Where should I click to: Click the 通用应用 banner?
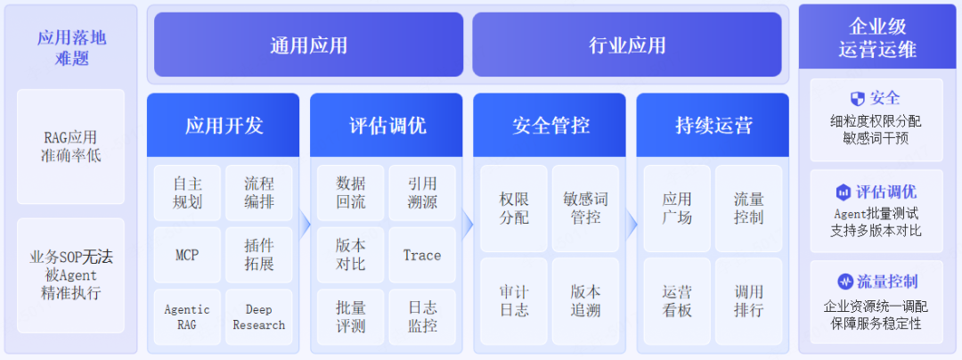[x=308, y=45]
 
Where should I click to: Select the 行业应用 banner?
[x=627, y=45]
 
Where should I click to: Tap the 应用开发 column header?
[x=224, y=125]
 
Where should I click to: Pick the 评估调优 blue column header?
[x=387, y=125]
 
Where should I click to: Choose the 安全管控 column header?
[x=550, y=125]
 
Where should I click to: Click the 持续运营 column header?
[x=713, y=125]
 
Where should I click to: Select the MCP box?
[x=187, y=255]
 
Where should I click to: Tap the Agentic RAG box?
[x=187, y=317]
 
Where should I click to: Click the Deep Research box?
[x=259, y=317]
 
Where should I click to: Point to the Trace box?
[x=422, y=255]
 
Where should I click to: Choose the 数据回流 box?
[x=350, y=192]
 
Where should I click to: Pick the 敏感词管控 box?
[x=585, y=209]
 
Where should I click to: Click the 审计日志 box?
[x=514, y=301]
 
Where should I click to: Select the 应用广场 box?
[x=677, y=209]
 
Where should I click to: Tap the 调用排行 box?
[x=748, y=301]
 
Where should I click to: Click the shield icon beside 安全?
[x=857, y=99]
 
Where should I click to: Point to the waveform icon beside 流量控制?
[x=845, y=282]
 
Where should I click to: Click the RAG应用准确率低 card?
[x=70, y=146]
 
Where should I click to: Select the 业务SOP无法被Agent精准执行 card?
[x=70, y=275]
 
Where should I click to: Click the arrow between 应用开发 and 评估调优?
[x=305, y=225]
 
